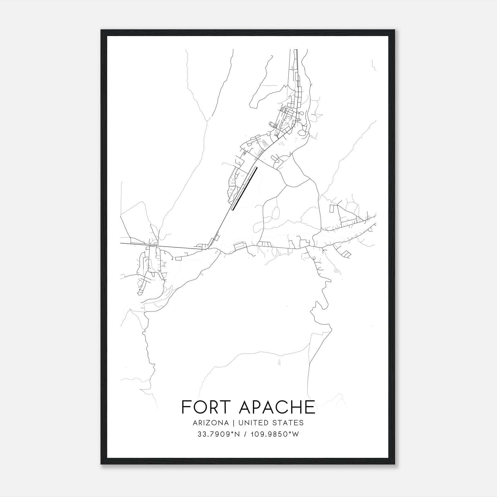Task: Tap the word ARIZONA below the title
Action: point(210,423)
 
